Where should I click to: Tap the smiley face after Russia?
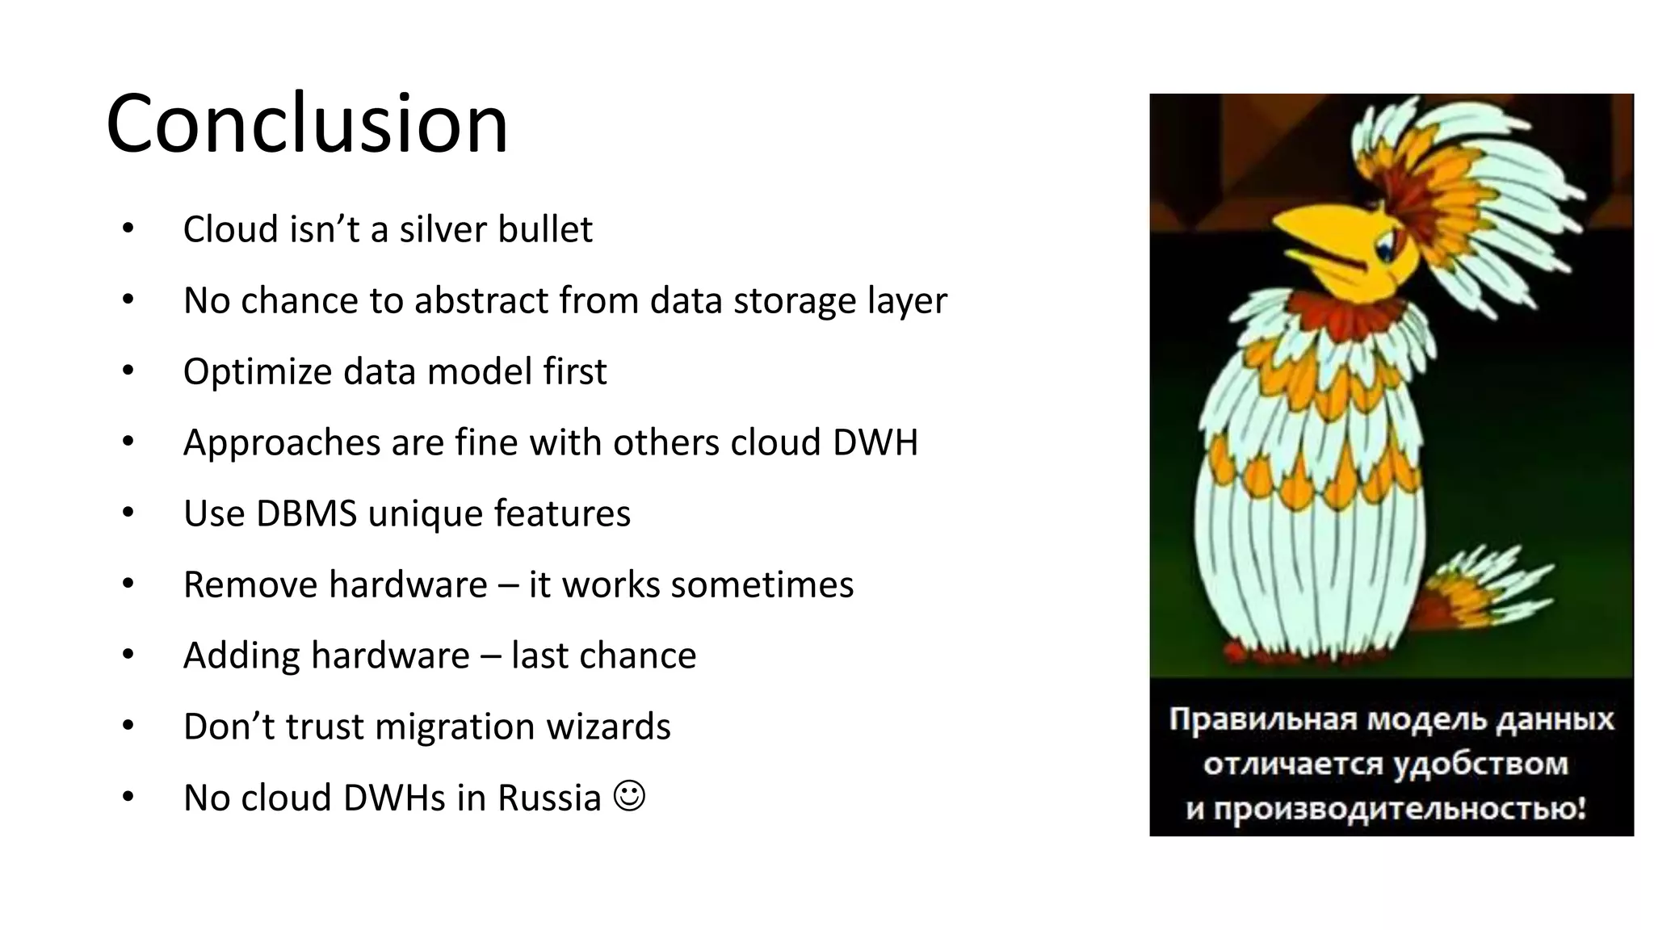pos(629,796)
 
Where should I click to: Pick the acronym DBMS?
pos(306,513)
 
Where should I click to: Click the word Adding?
pos(241,656)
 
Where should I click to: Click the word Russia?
pos(549,798)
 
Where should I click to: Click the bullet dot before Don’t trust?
pos(128,726)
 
